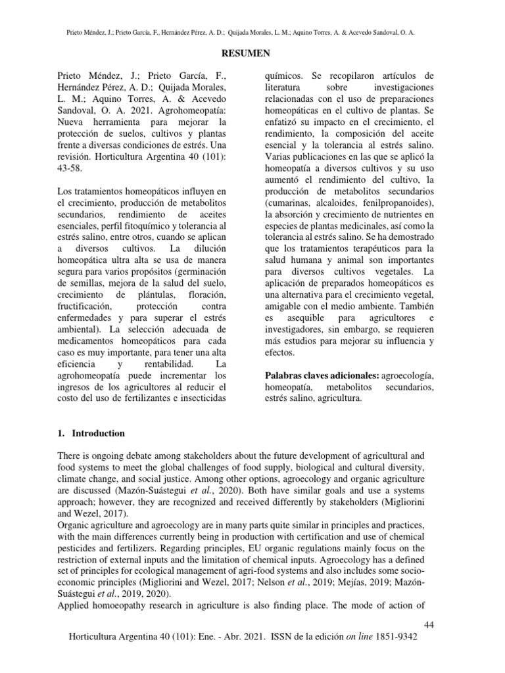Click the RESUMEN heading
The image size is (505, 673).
click(x=252, y=53)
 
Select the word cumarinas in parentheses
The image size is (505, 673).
click(x=288, y=203)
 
